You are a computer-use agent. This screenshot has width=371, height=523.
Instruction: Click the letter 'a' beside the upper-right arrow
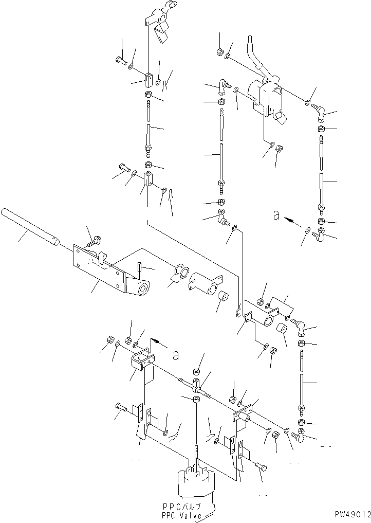(x=276, y=217)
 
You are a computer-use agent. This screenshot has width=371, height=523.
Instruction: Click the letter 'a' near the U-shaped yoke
(x=176, y=355)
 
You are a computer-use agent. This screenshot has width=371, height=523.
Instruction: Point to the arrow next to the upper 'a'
(x=294, y=222)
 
